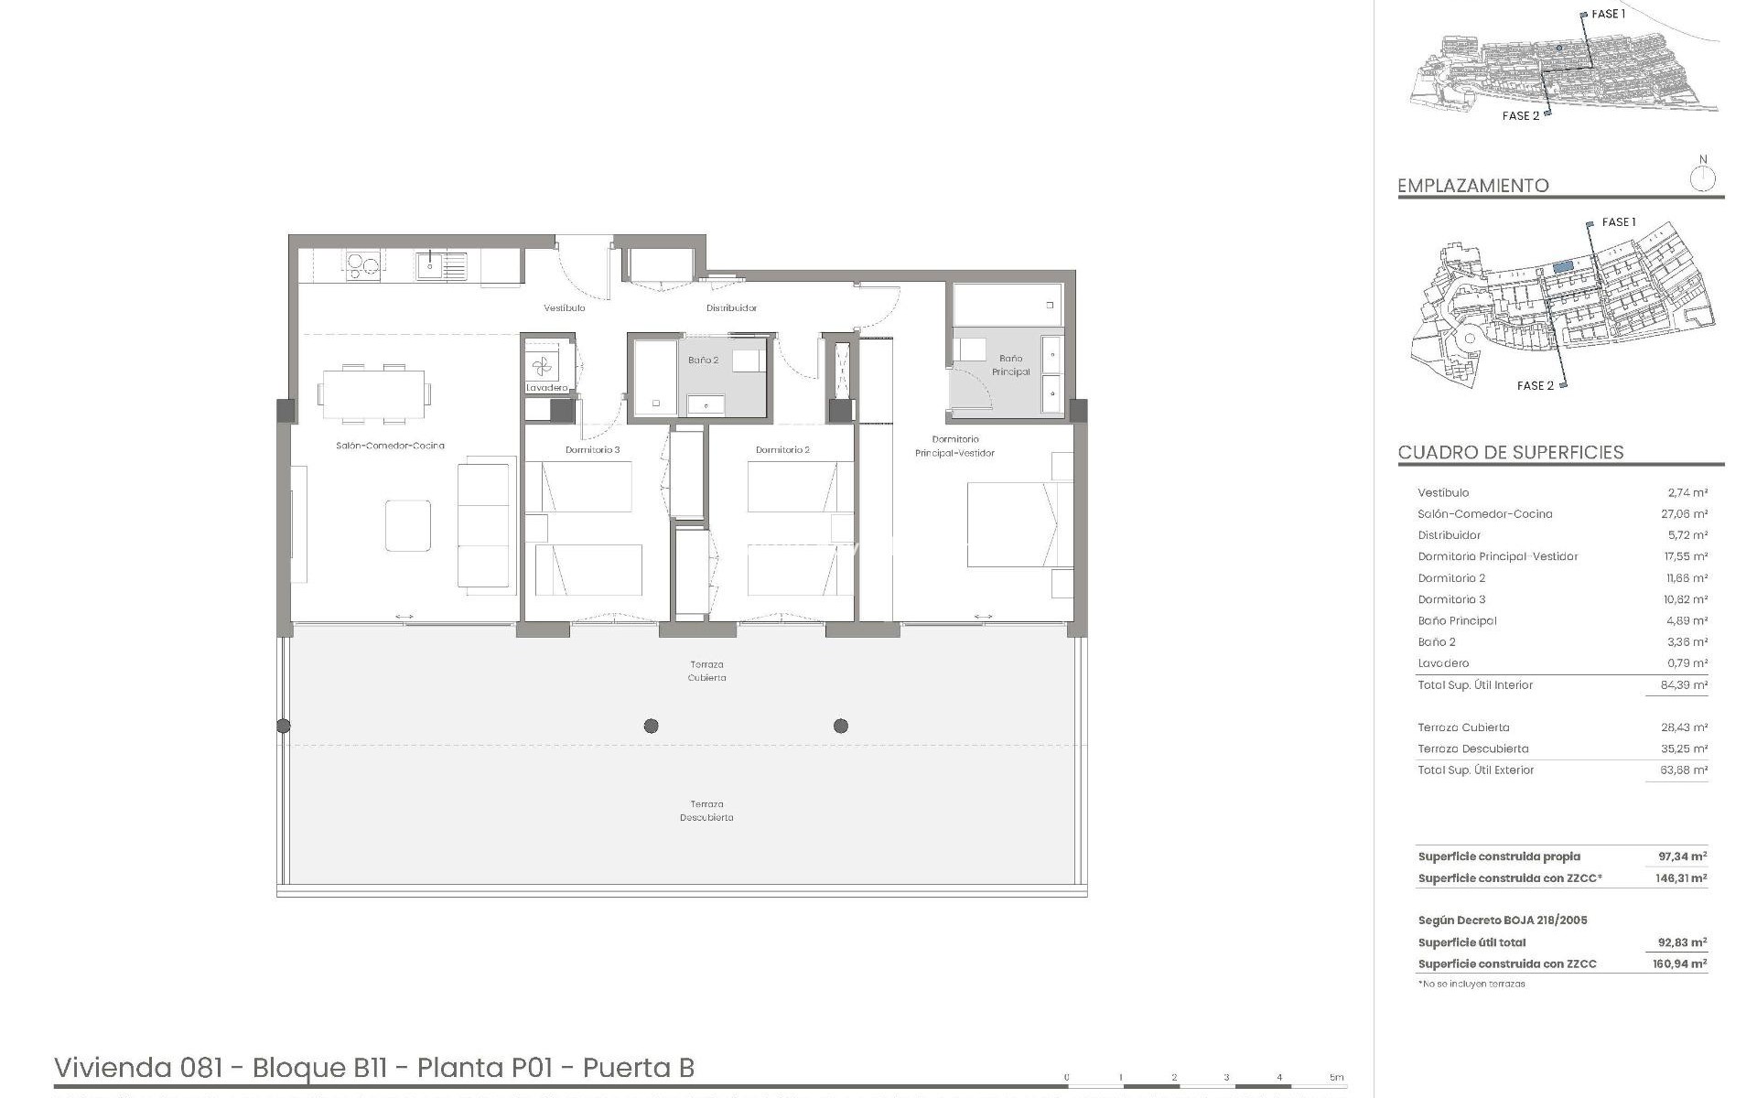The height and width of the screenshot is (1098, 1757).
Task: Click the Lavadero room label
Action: click(547, 388)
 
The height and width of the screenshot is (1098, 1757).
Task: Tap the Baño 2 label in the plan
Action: click(703, 361)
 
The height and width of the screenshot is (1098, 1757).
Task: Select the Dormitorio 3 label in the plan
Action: click(592, 450)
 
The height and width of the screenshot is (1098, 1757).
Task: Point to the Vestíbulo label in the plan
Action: click(565, 308)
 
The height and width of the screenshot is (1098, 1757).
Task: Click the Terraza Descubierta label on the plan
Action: click(706, 811)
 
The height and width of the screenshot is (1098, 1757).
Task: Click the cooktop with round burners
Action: click(361, 264)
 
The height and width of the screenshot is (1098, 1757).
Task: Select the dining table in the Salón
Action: click(373, 393)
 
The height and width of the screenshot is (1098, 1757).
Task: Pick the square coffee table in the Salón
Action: click(407, 525)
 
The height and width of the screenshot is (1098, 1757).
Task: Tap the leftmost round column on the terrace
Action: click(284, 726)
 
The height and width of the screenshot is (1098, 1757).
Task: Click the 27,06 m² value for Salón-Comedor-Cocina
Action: click(1684, 514)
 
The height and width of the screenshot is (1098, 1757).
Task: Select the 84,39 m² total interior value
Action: click(1684, 685)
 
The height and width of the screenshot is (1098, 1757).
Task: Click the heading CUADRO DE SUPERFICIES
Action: click(1511, 453)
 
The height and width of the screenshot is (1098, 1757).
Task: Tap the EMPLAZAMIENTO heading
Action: click(1472, 186)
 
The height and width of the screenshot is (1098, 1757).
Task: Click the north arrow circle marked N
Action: click(1702, 178)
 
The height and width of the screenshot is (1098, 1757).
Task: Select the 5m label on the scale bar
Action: click(1336, 1077)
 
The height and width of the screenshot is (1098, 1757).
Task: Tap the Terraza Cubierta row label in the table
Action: click(1463, 727)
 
